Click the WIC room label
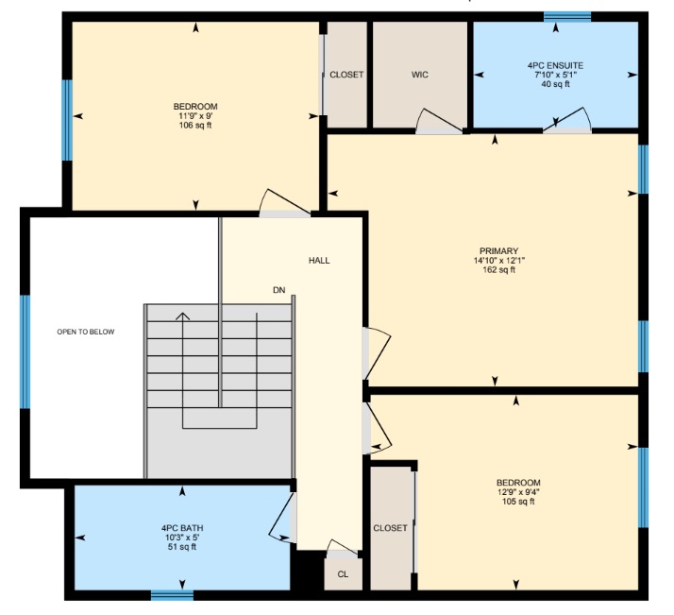[x=419, y=75]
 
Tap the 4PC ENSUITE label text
[x=555, y=65]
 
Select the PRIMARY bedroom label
[x=499, y=250]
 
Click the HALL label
[x=319, y=260]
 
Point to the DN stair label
[x=279, y=290]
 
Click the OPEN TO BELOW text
[x=86, y=332]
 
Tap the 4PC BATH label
[x=182, y=528]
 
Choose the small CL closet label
[x=343, y=574]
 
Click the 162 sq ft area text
[x=499, y=270]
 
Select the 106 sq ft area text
[x=195, y=126]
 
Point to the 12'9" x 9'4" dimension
[x=518, y=492]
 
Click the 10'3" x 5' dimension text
[x=182, y=538]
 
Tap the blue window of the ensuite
[x=567, y=16]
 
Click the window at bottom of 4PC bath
[x=172, y=595]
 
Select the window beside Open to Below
[x=25, y=350]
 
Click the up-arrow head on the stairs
[x=183, y=316]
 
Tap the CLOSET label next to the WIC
[x=346, y=75]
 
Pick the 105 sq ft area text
[x=518, y=502]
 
